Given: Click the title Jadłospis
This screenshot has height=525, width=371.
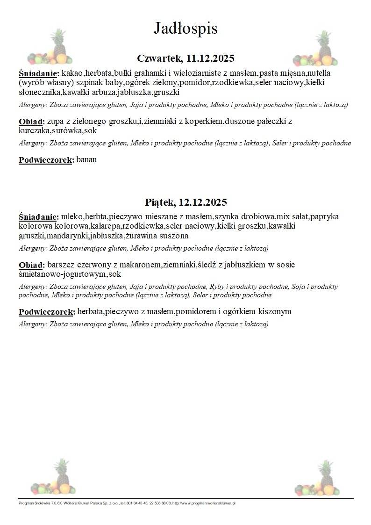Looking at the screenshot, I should pos(185,29).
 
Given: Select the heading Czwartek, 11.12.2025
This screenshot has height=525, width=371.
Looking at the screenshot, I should pos(185,58).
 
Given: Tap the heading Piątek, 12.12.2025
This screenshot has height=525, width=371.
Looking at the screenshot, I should pos(185,202).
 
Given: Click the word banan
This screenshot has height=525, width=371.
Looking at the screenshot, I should pos(86,160).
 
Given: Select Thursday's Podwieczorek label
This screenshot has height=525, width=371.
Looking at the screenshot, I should pos(46,160).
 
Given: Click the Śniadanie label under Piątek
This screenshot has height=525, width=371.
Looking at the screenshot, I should pos(39,217).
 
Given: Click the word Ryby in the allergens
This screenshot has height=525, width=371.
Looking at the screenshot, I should pos(218,287).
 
